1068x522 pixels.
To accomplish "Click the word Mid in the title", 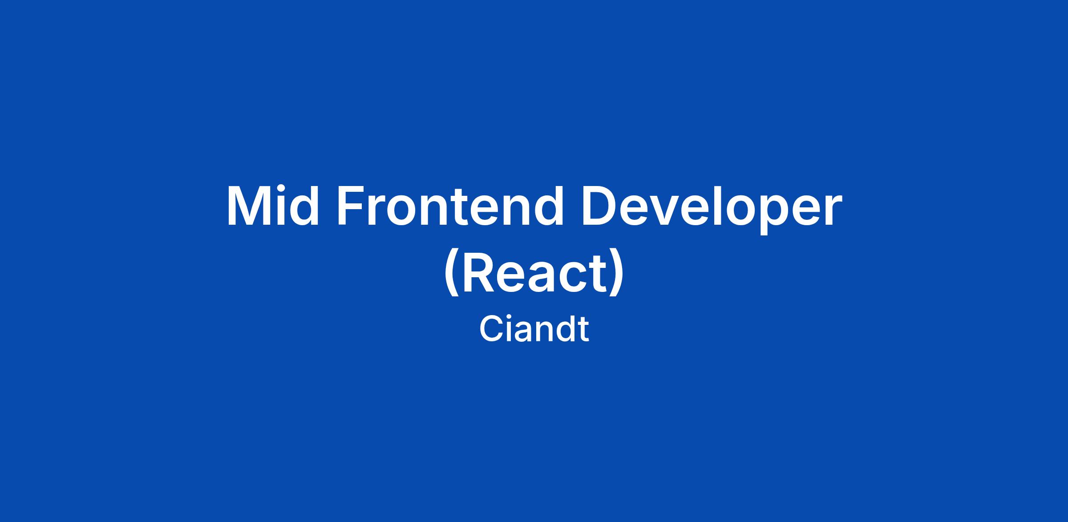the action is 273,206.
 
